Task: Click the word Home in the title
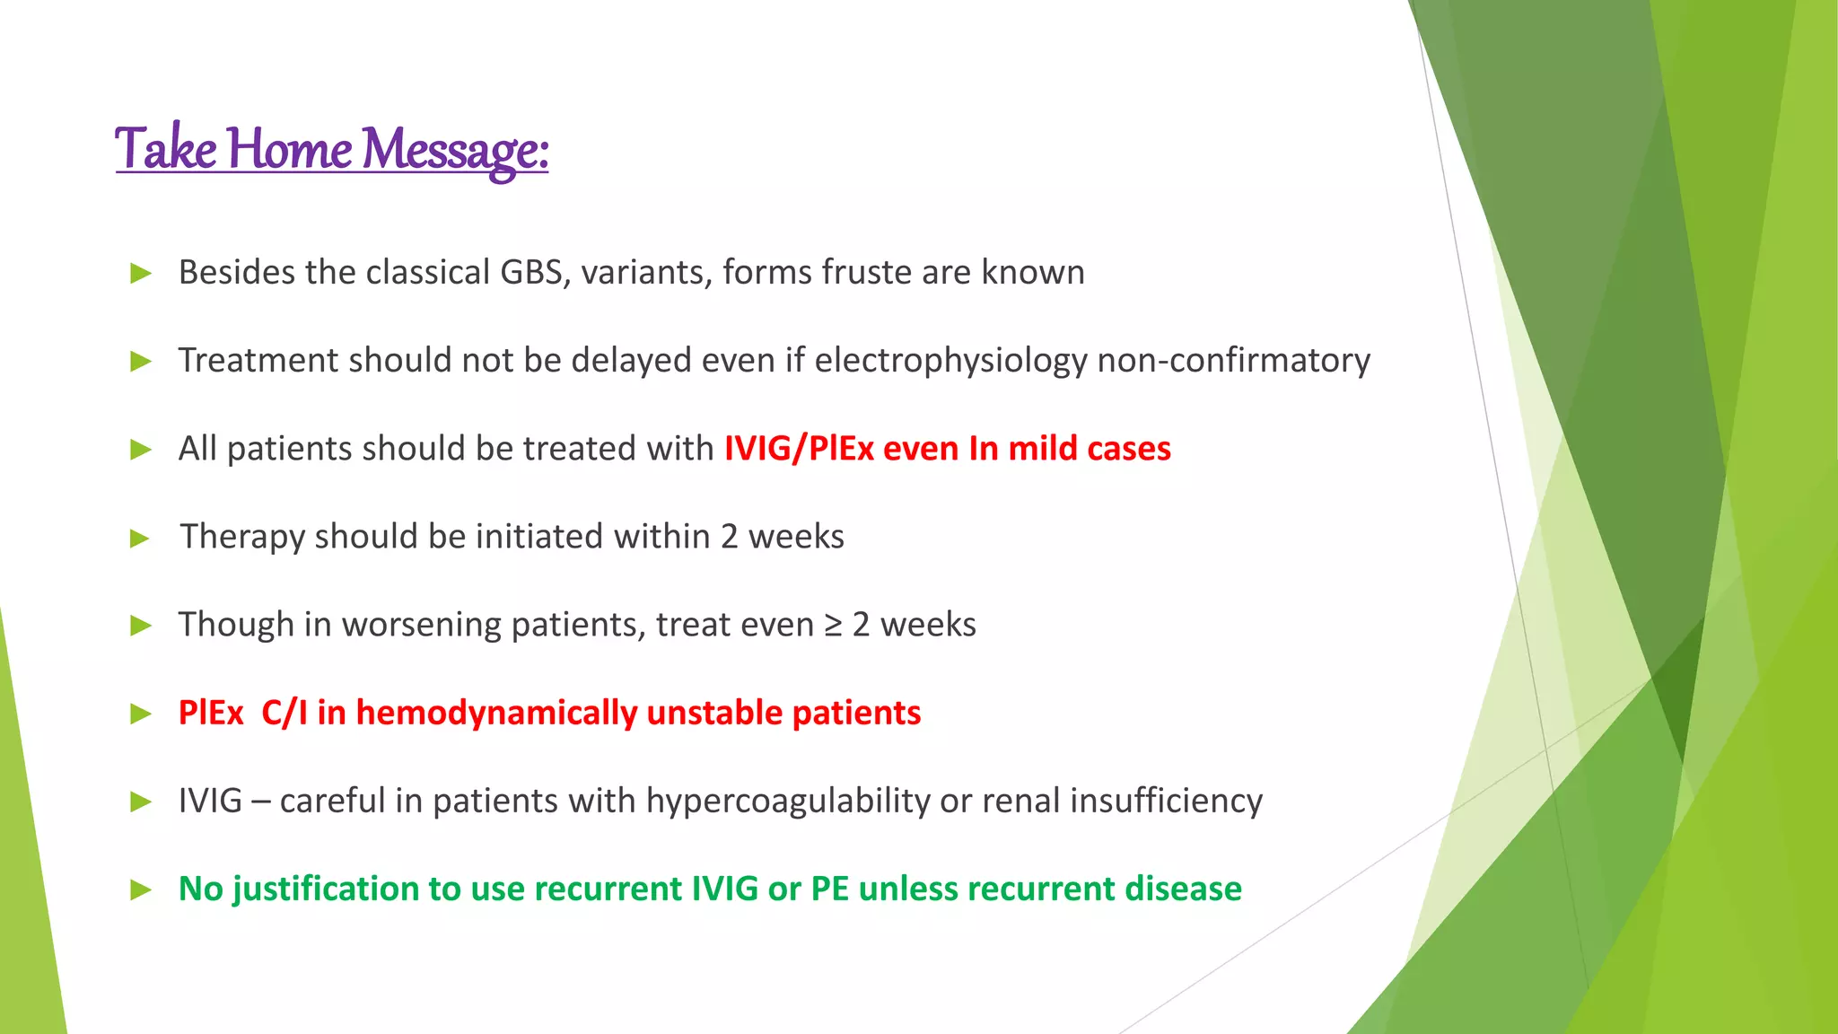tap(288, 149)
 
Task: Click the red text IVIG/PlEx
tap(799, 448)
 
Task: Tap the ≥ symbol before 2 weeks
tap(834, 625)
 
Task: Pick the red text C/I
tap(284, 713)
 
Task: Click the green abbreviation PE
tap(830, 889)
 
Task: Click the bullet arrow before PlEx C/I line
tap(141, 714)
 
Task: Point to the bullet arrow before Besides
tap(141, 273)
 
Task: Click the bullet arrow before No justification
tap(141, 890)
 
